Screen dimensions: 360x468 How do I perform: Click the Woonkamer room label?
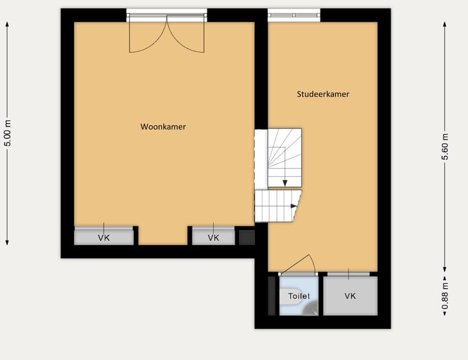163,127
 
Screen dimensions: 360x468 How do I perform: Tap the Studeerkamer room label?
323,94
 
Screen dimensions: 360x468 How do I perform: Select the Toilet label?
299,296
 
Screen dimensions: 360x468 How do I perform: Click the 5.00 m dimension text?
8,134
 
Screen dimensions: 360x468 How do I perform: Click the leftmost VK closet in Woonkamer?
104,237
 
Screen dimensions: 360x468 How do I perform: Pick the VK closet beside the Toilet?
350,296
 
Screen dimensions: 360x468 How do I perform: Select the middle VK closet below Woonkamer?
213,237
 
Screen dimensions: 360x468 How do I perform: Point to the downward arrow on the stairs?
285,183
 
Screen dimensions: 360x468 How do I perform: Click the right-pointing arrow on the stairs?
294,206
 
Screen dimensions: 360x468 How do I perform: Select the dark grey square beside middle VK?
246,237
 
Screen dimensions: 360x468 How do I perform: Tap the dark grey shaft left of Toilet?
272,296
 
